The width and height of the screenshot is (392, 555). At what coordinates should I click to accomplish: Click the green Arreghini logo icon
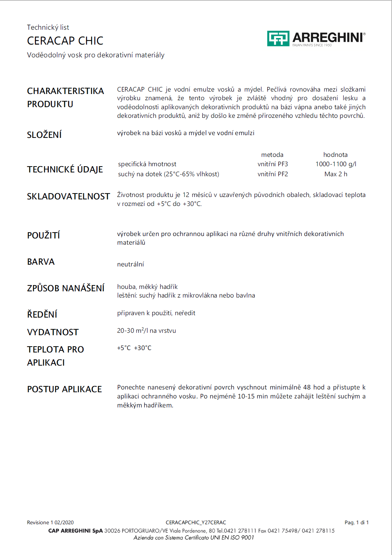pos(278,38)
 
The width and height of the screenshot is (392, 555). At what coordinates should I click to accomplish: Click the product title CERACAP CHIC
pos(65,41)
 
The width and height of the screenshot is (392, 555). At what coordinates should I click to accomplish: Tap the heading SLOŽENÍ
pos(44,135)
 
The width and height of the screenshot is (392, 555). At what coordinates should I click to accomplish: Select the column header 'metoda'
pos(272,155)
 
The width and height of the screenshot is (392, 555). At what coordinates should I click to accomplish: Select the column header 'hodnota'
pos(335,155)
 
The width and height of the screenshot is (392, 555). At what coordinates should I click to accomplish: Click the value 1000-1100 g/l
pos(336,164)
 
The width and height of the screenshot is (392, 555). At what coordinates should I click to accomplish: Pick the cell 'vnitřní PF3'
pos(273,164)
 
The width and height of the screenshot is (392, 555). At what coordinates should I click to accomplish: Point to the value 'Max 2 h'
pos(336,174)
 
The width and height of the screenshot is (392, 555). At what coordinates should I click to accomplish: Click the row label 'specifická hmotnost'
pos(147,164)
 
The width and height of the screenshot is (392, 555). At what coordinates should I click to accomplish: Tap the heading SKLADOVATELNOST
pos(68,197)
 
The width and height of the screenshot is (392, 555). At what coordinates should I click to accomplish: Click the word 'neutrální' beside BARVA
pos(131,264)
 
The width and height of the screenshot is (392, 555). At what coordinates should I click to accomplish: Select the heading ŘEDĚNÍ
pos(42,314)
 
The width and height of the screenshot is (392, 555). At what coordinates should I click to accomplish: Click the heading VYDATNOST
pos(53,332)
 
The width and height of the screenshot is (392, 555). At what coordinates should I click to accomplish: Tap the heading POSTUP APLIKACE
pos(65,389)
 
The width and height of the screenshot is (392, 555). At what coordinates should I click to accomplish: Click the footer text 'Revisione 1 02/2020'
pos(50,523)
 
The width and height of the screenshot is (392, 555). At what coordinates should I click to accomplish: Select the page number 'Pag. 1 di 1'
pos(356,523)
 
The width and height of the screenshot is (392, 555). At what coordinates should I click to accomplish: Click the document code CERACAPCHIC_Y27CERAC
pos(196,523)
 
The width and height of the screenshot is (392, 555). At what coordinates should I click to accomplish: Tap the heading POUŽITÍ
pos(44,235)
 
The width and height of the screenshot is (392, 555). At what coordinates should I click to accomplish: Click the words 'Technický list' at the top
pos(48,27)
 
